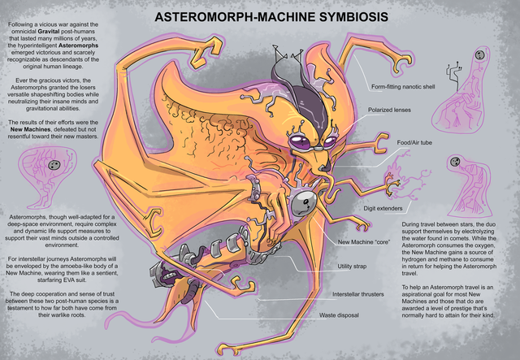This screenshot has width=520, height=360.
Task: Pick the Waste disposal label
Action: tap(339, 314)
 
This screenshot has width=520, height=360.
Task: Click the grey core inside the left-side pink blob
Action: tap(54, 167)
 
